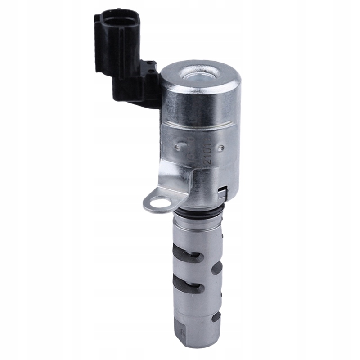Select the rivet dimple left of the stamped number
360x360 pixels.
click(179, 147)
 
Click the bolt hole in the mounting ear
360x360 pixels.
click(158, 203)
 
